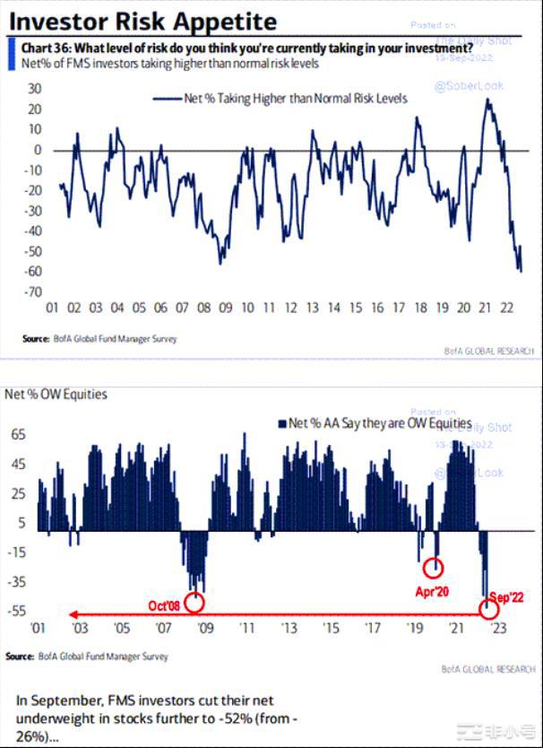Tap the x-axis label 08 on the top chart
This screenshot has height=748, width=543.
point(203,308)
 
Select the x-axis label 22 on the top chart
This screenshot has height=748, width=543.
point(507,308)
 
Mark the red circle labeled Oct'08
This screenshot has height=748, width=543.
point(194,601)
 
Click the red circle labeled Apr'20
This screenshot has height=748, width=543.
point(434,568)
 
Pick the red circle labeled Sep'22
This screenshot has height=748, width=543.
point(489,609)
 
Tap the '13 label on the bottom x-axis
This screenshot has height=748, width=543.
point(289,628)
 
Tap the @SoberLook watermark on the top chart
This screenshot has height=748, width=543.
point(469,86)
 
